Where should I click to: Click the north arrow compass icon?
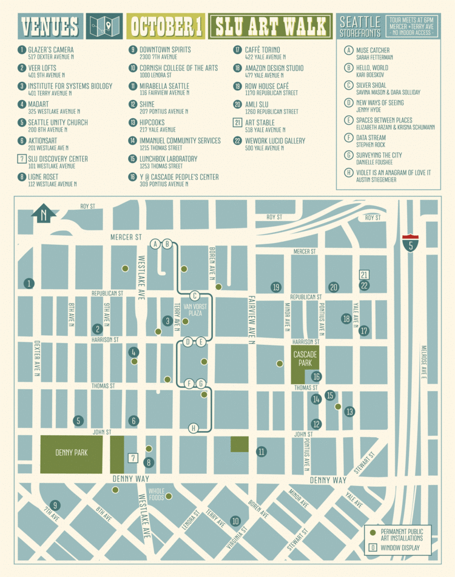click(x=43, y=214)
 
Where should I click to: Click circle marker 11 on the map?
click(x=261, y=452)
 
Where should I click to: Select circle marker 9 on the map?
click(x=55, y=505)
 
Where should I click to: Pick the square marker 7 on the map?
click(x=133, y=458)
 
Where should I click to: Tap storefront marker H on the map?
click(x=194, y=429)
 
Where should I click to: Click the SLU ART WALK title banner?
click(x=271, y=27)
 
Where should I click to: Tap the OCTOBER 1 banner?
click(x=165, y=27)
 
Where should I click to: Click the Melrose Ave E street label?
click(x=423, y=364)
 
